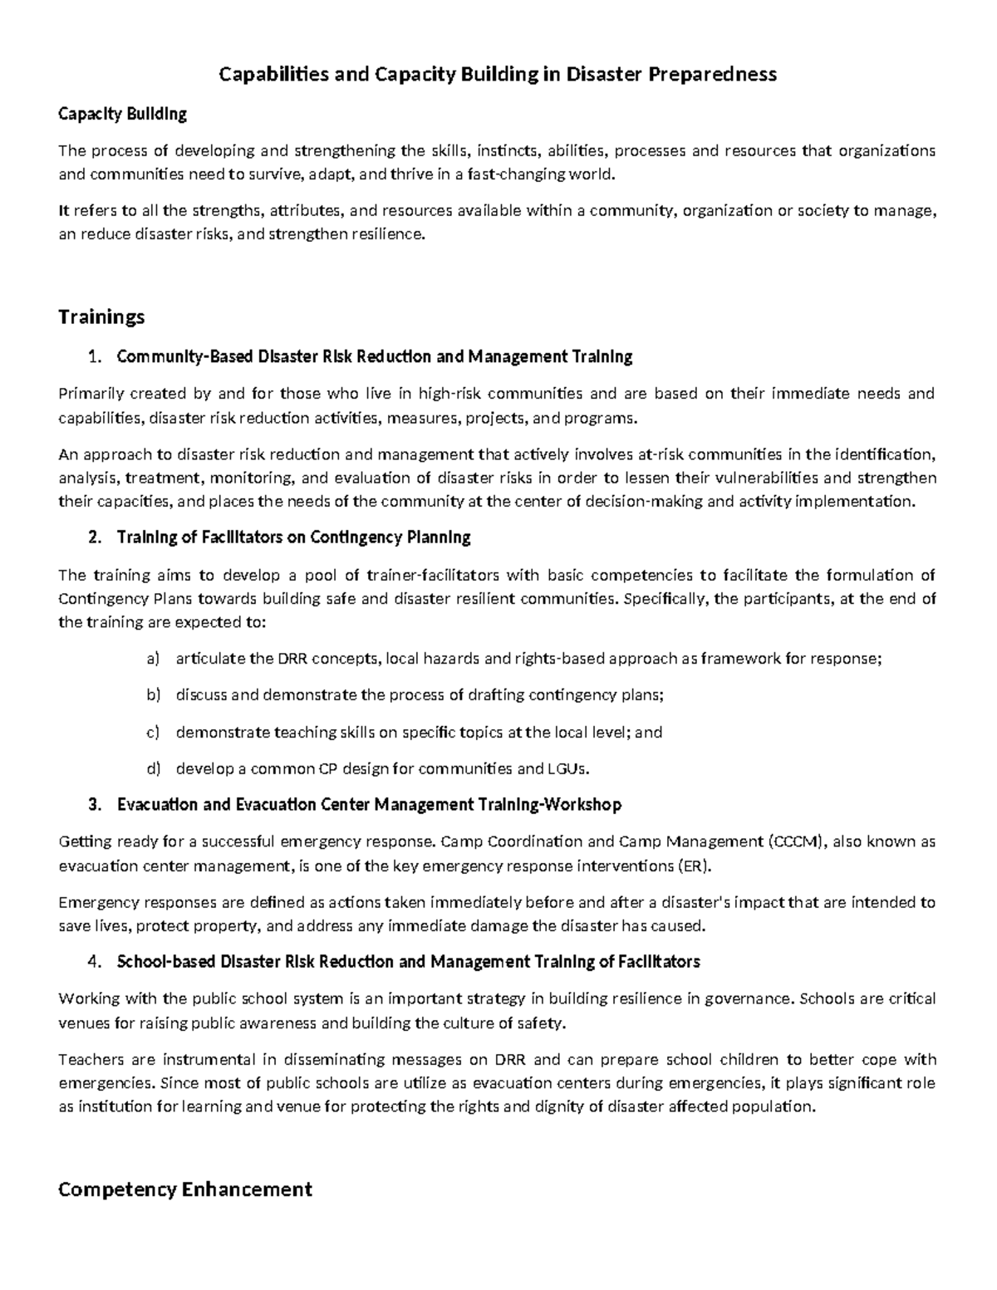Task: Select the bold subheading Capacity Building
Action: point(122,114)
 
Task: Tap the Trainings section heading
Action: point(101,316)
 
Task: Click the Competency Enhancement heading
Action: point(184,1189)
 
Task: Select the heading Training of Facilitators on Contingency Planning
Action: point(294,537)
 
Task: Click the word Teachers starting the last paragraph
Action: point(90,1059)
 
